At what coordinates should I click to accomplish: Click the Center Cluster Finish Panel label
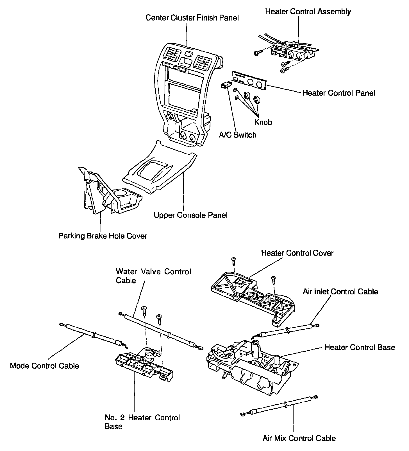[192, 18]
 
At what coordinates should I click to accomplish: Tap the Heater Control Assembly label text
[308, 12]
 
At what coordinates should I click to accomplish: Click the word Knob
[263, 122]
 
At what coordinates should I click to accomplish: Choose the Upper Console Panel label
[190, 215]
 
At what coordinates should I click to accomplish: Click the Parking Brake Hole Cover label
[103, 236]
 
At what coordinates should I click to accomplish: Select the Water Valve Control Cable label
[153, 276]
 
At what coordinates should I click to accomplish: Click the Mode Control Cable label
[44, 366]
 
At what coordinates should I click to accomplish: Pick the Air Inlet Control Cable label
[340, 292]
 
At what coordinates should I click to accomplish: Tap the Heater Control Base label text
[360, 347]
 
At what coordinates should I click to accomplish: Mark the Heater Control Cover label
[297, 253]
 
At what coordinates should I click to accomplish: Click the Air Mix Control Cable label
[299, 438]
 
